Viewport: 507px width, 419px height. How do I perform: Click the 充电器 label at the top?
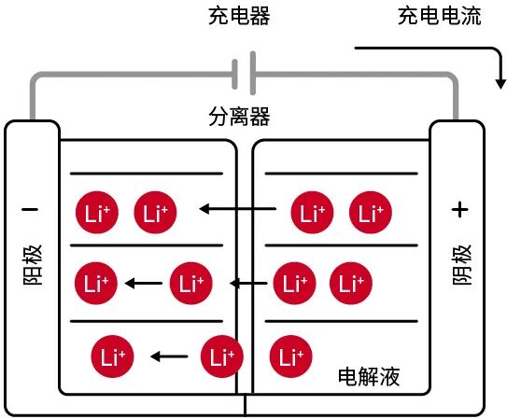(x=246, y=17)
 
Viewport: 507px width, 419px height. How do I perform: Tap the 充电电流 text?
(x=440, y=17)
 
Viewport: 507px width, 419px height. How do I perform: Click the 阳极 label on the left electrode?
(x=33, y=265)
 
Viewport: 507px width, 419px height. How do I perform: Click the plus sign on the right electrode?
(x=458, y=210)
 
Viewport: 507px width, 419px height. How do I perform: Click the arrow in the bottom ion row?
(x=170, y=356)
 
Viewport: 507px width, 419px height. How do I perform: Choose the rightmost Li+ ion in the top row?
(x=370, y=212)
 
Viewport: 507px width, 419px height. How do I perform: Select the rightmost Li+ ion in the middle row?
(x=349, y=281)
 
